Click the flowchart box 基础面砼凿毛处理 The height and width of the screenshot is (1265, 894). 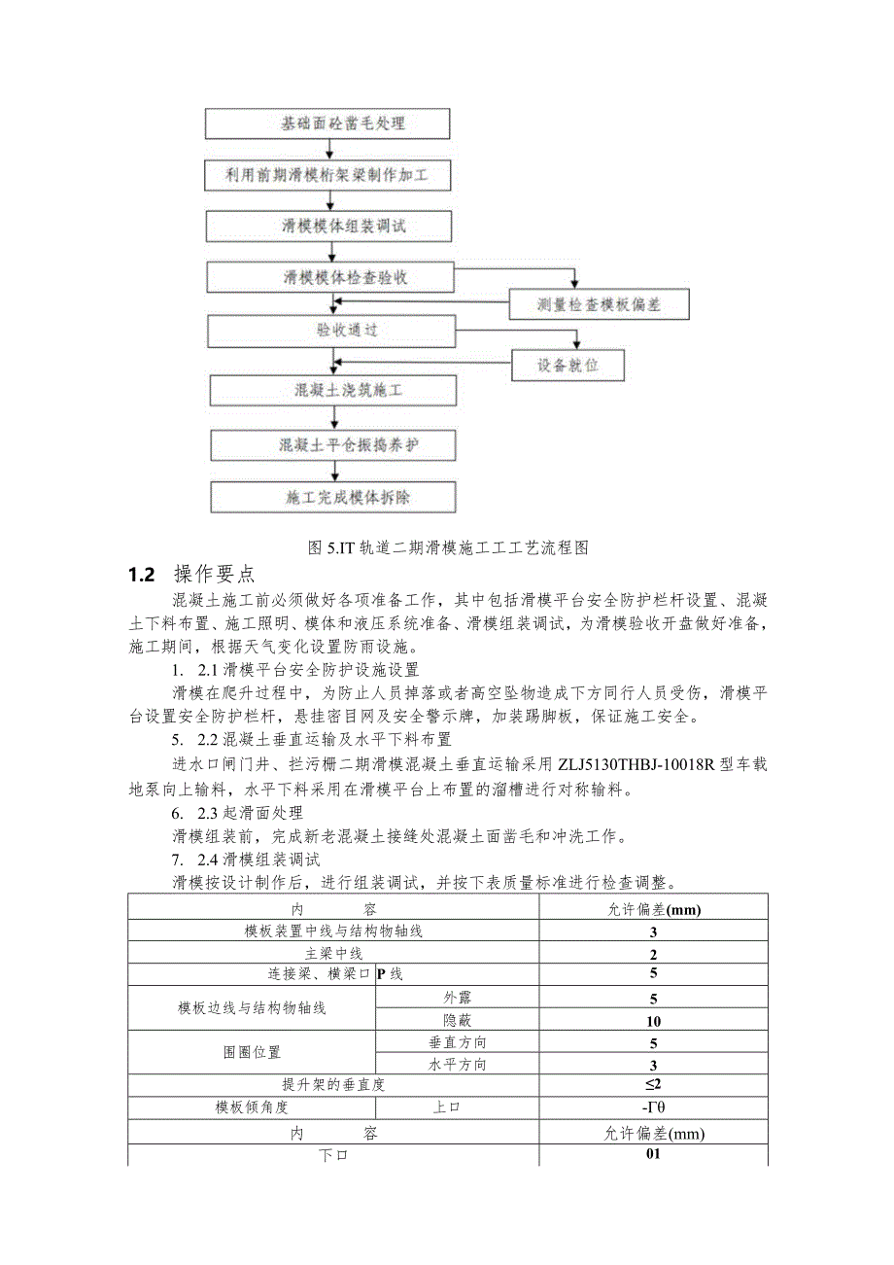(327, 123)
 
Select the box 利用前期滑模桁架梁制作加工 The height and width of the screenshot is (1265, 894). (327, 175)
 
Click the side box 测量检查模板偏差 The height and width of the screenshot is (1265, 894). (599, 305)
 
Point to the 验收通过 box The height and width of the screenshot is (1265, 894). (330, 330)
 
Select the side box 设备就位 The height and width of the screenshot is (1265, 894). (568, 366)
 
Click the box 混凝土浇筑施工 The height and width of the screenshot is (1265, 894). (333, 391)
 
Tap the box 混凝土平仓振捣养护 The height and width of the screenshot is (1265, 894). (333, 444)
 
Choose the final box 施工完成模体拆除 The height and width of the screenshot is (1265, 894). (333, 497)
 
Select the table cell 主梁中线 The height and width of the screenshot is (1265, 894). (333, 954)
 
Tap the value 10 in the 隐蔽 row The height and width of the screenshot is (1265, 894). (653, 1021)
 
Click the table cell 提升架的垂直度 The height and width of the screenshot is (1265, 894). (333, 1084)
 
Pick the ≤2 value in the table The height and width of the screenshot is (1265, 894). (653, 1084)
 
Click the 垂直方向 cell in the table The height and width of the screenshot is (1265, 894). (457, 1042)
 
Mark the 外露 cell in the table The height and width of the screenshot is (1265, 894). (457, 998)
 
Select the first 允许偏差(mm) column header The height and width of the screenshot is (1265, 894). (653, 910)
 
